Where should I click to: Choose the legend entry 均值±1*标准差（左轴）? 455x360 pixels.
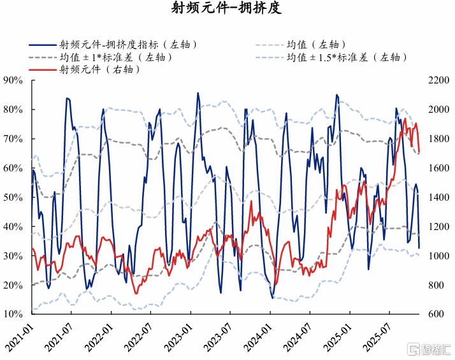(x=115, y=57)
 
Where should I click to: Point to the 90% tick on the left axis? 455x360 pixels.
(x=13, y=80)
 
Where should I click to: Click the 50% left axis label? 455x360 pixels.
(x=13, y=198)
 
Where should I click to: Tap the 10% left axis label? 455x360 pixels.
(x=13, y=314)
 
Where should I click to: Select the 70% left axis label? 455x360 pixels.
(x=13, y=139)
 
